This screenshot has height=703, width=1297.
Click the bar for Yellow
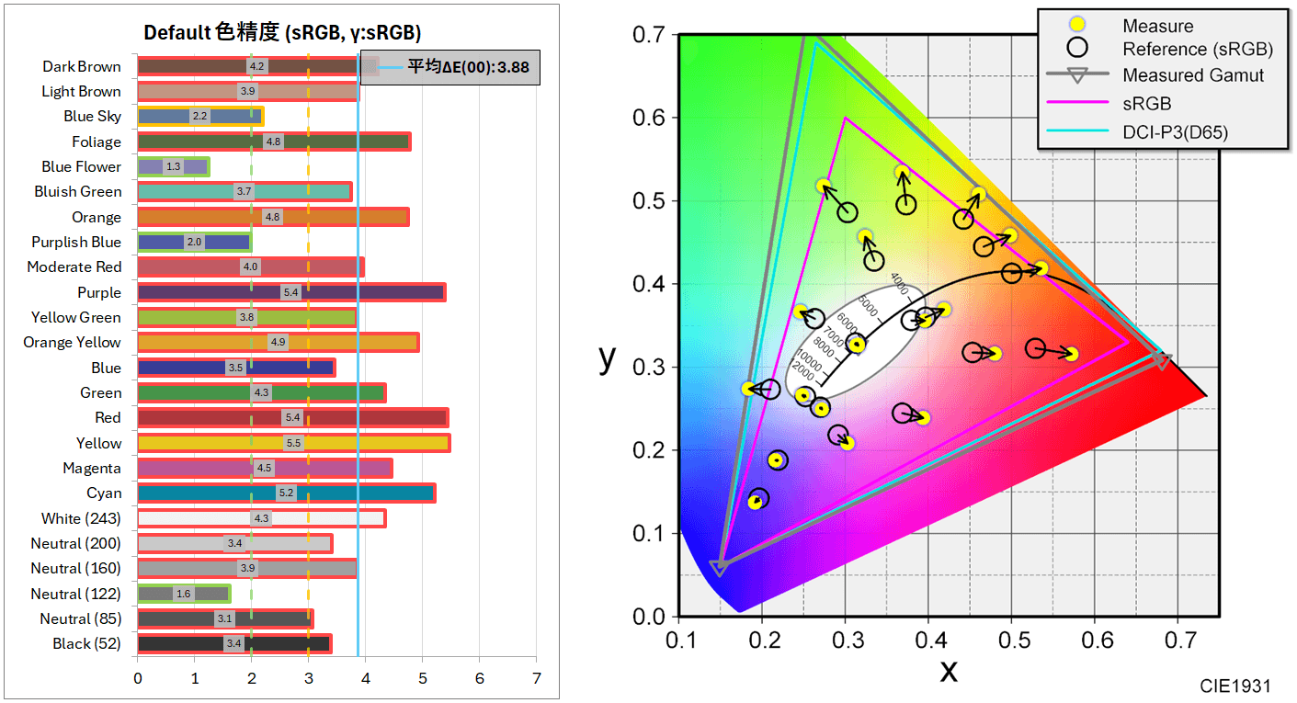coord(293,443)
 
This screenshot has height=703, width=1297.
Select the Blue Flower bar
coord(173,166)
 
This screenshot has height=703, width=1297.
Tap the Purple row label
coord(98,292)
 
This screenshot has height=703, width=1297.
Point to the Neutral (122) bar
coord(184,594)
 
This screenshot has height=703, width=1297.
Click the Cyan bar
coord(286,493)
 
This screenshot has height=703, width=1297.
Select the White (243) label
coord(81,518)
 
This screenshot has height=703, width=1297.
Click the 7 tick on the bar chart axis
coord(536,679)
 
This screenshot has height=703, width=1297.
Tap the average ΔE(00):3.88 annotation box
coord(450,67)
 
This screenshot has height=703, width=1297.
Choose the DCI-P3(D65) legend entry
coord(1175,131)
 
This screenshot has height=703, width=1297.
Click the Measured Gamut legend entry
coord(1193,75)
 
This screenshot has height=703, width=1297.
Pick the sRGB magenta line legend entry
coord(1146,103)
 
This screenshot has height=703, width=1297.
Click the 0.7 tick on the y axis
coord(649,35)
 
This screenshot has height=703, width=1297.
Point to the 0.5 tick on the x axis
coord(1011,640)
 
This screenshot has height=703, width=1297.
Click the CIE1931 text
coord(1235,686)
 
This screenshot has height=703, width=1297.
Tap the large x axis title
coord(948,669)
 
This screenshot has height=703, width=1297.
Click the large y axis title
coord(608,357)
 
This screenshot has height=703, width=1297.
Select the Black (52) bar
coord(234,643)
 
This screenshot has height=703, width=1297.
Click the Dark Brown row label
coord(81,66)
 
